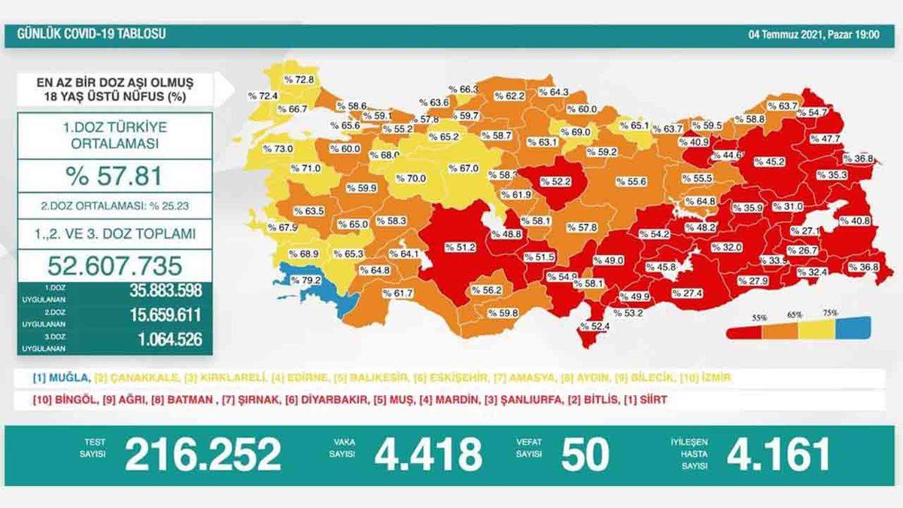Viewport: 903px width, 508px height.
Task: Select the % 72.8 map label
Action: [x=299, y=79]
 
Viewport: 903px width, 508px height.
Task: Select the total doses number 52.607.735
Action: [x=114, y=265]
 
